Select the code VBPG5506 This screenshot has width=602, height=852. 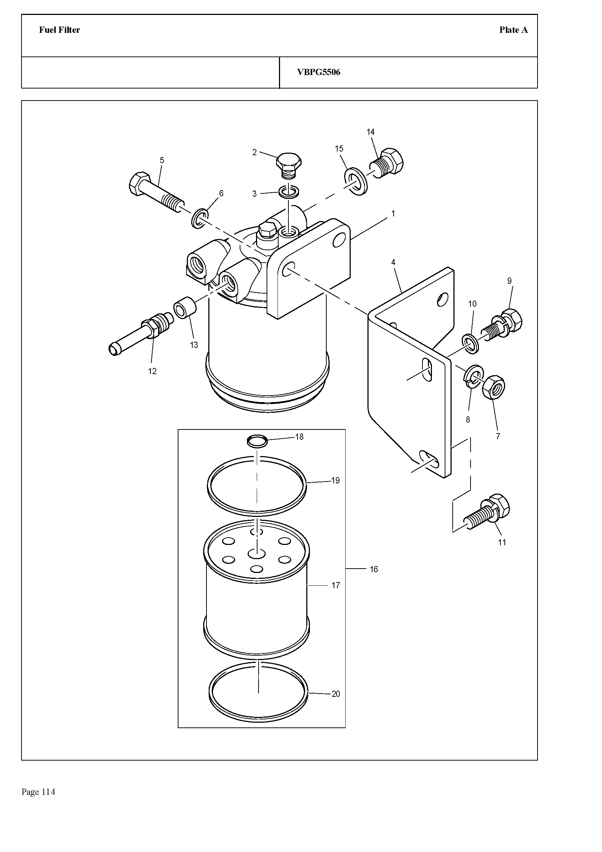(319, 72)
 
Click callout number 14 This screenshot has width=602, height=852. (370, 132)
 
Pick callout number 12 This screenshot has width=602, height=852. (152, 371)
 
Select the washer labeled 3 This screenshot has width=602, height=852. (289, 192)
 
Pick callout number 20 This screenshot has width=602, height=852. (336, 694)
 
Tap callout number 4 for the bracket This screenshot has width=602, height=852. (393, 262)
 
